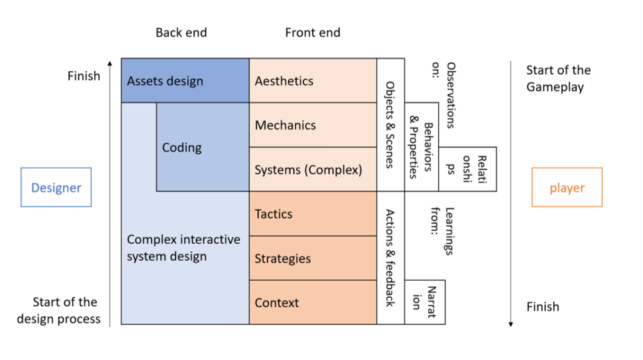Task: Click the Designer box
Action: (x=56, y=187)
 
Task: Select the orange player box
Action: (x=566, y=187)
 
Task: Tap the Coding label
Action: (x=182, y=148)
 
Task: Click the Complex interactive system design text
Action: (x=183, y=248)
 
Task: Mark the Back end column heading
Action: (x=181, y=33)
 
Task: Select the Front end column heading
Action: (x=313, y=33)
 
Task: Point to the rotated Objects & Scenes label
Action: (x=390, y=124)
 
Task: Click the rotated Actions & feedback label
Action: (x=390, y=258)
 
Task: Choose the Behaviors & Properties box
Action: (x=421, y=147)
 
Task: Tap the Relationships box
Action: (x=467, y=169)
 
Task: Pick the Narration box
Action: (x=424, y=302)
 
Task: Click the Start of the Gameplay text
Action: (x=558, y=79)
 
